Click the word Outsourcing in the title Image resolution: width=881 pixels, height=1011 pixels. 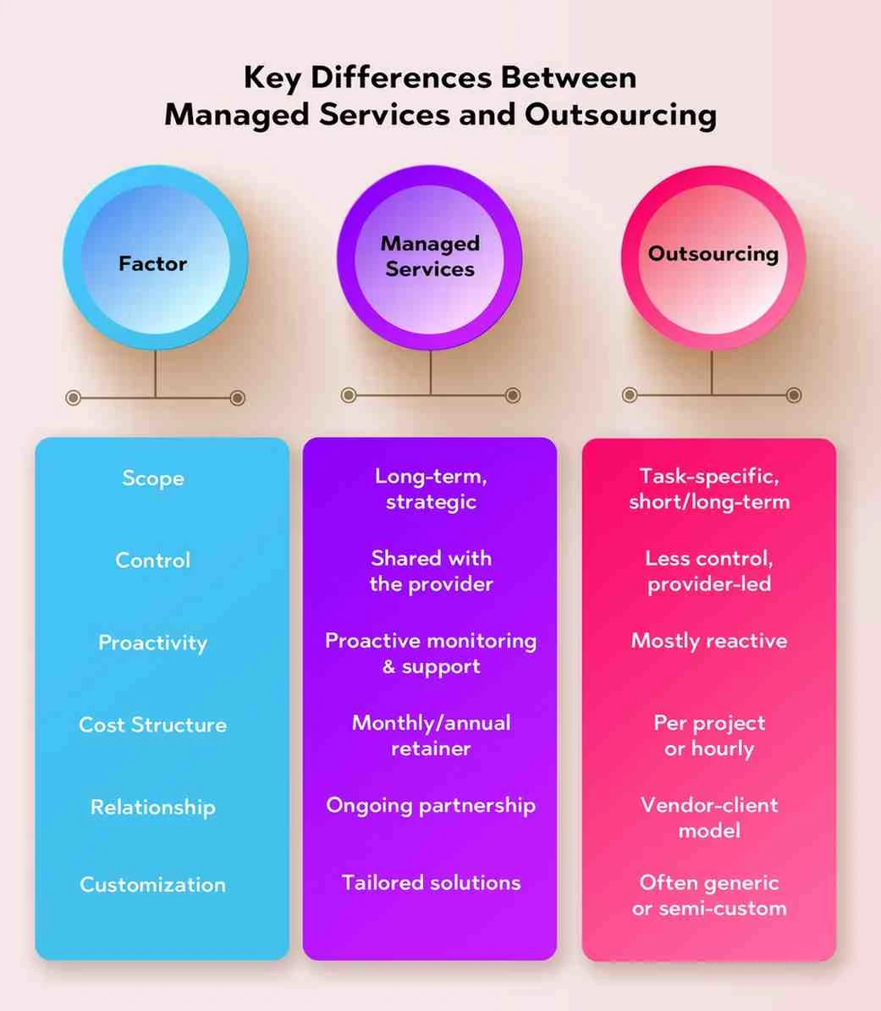pos(620,115)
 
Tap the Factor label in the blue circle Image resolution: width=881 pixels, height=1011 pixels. pos(152,263)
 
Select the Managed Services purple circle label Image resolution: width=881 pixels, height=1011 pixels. pos(430,256)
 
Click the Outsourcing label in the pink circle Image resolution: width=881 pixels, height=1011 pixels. pos(713,254)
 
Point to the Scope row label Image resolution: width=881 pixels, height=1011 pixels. pos(152,478)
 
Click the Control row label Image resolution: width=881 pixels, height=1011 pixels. pos(152,561)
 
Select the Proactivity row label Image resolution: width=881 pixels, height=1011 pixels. pos(152,643)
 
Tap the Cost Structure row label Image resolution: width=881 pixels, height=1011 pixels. pos(152,725)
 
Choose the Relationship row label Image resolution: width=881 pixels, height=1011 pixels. pos(152,807)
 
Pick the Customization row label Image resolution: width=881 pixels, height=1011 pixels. pos(152,885)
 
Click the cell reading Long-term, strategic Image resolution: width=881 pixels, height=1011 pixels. pos(431,489)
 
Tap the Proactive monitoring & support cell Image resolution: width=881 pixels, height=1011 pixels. pos(431,654)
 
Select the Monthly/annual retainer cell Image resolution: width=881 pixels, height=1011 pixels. pos(431,736)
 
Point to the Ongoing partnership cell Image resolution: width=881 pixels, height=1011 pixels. pos(431,806)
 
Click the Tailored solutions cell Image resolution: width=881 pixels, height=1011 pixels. pos(431,882)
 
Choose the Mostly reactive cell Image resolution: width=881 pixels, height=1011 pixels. pos(709,641)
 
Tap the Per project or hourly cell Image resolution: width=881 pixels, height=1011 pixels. pos(709,736)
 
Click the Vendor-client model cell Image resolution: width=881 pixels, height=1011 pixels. pos(709,818)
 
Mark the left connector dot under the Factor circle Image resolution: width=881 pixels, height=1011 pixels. pos(74,398)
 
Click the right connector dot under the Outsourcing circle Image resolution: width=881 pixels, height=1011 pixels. pos(794,395)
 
